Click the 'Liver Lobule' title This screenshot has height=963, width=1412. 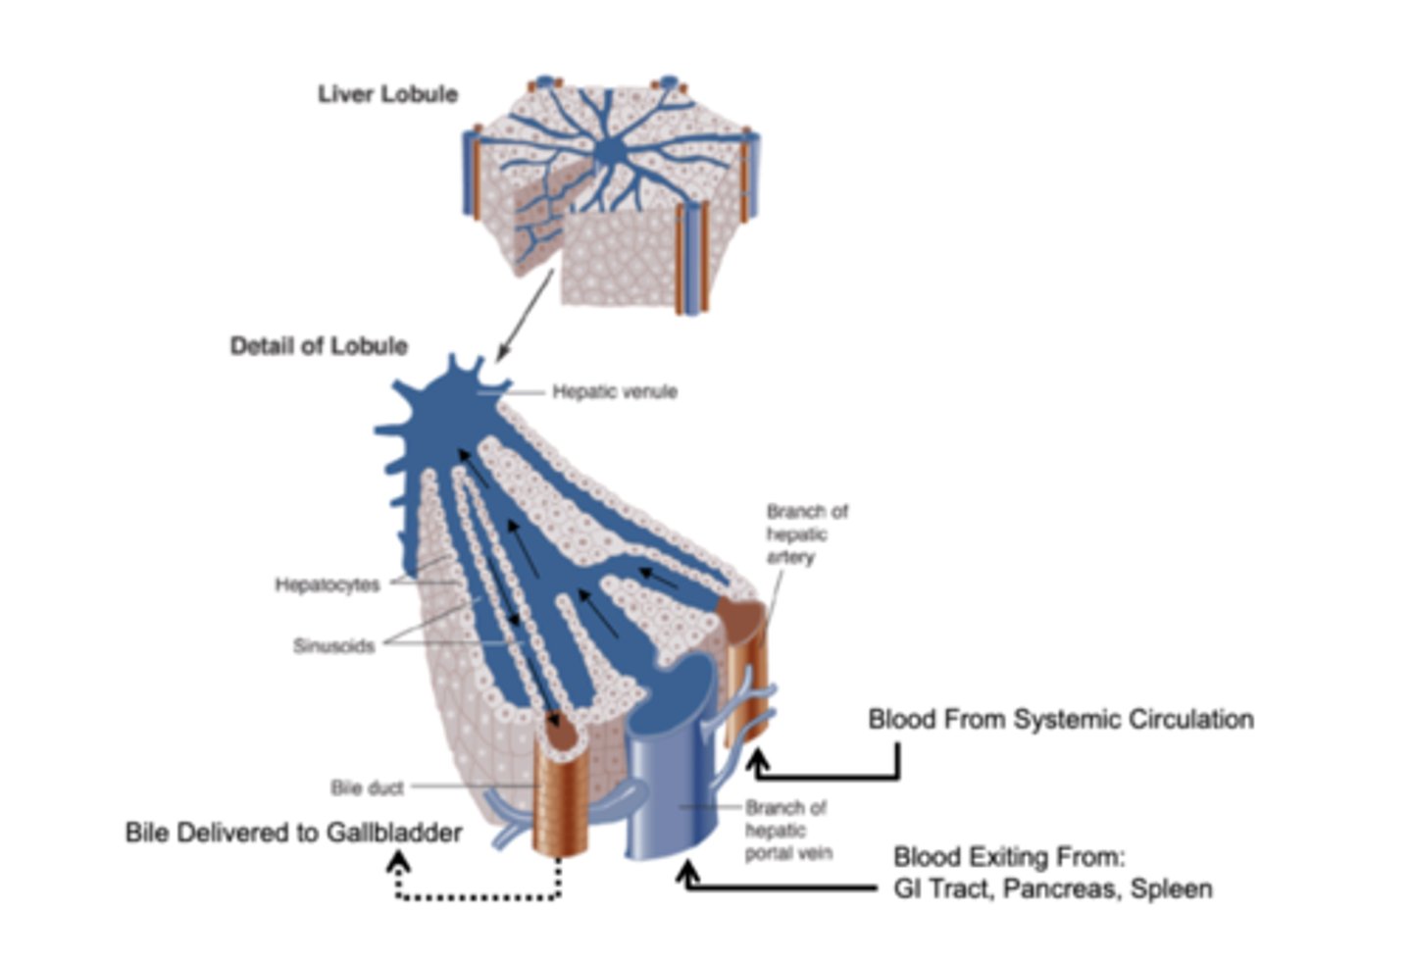pos(387,94)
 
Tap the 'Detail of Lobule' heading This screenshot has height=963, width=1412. pos(319,346)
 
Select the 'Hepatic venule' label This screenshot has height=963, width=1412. pos(614,391)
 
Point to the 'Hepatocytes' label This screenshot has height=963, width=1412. pos(327,584)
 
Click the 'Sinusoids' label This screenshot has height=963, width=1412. pos(333,646)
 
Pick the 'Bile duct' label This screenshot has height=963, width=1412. pos(367,787)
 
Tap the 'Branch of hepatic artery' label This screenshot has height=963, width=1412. pos(806,533)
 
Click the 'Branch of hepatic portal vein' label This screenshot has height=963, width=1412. pos(786,830)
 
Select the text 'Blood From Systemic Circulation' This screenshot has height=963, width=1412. pos(1060,719)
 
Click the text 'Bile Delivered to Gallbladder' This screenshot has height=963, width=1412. pos(293,833)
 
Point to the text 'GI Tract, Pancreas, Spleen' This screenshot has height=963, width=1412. pos(1052,888)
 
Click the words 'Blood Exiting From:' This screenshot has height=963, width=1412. pos(1009,857)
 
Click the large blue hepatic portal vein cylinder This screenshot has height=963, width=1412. pos(667,785)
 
